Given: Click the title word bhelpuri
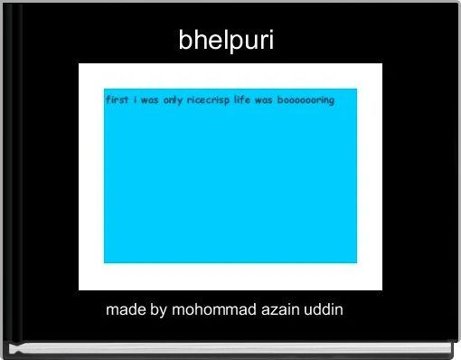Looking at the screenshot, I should point(226,41).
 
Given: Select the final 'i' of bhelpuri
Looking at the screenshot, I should point(270,41).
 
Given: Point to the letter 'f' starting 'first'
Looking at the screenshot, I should point(108,99).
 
